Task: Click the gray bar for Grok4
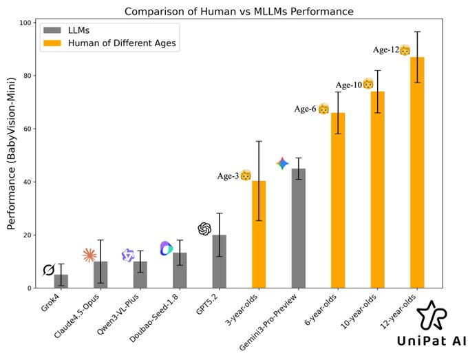pos(61,281)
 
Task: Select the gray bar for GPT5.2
pos(219,262)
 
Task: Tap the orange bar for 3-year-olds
pos(259,235)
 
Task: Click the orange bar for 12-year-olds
pos(417,173)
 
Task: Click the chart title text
pos(239,11)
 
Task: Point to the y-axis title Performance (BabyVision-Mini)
pos(12,155)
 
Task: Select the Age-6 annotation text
pos(307,109)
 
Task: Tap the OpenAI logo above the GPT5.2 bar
pos(204,229)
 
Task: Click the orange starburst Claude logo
pos(89,255)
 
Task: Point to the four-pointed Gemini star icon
pos(282,163)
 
